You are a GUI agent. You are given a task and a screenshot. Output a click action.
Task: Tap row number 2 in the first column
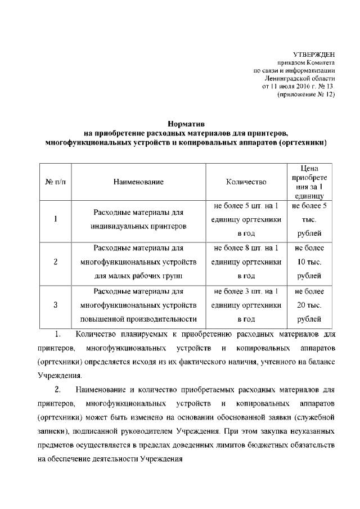point(55,262)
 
